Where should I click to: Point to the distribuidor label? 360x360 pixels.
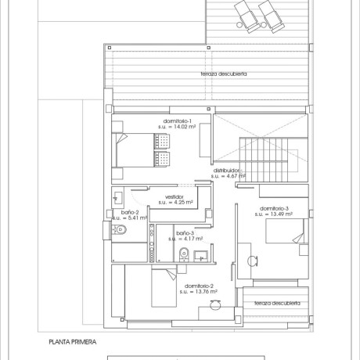229,170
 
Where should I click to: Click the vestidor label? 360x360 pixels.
175,196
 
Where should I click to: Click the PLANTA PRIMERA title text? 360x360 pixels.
72,342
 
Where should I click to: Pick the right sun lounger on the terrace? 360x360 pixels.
272,13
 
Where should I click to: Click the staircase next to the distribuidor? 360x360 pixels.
268,153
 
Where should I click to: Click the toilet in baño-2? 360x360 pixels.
117,230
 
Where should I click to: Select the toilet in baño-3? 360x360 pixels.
182,253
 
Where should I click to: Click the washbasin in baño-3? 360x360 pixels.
200,253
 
